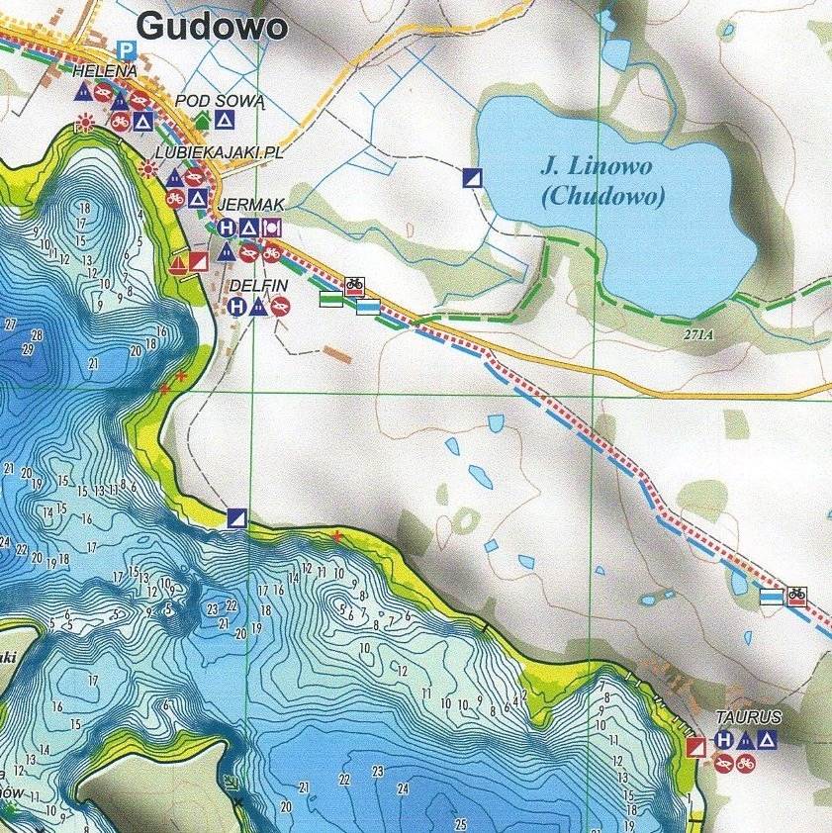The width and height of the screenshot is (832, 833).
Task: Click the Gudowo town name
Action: pyautogui.click(x=212, y=26)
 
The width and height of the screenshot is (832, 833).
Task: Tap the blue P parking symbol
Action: pyautogui.click(x=125, y=48)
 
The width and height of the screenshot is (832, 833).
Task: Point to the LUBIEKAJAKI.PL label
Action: pyautogui.click(x=207, y=155)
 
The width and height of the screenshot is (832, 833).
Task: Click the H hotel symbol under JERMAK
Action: pyautogui.click(x=227, y=228)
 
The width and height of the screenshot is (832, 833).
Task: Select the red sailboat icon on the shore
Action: pyautogui.click(x=178, y=263)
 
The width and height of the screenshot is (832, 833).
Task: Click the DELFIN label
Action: pyautogui.click(x=258, y=286)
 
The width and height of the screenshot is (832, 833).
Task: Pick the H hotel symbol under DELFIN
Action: pyautogui.click(x=236, y=307)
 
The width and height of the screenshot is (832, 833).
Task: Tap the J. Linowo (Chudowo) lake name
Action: pyautogui.click(x=603, y=180)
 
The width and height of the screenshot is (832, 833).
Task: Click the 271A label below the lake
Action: pyautogui.click(x=696, y=335)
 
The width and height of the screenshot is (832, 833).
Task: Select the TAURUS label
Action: pyautogui.click(x=749, y=717)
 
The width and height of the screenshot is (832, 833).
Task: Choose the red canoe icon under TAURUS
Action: pyautogui.click(x=724, y=763)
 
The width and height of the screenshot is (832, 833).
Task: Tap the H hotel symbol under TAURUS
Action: pyautogui.click(x=724, y=740)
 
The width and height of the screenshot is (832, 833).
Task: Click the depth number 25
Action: pyautogui.click(x=460, y=823)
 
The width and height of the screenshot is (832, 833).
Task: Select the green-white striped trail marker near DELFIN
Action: pyautogui.click(x=330, y=299)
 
